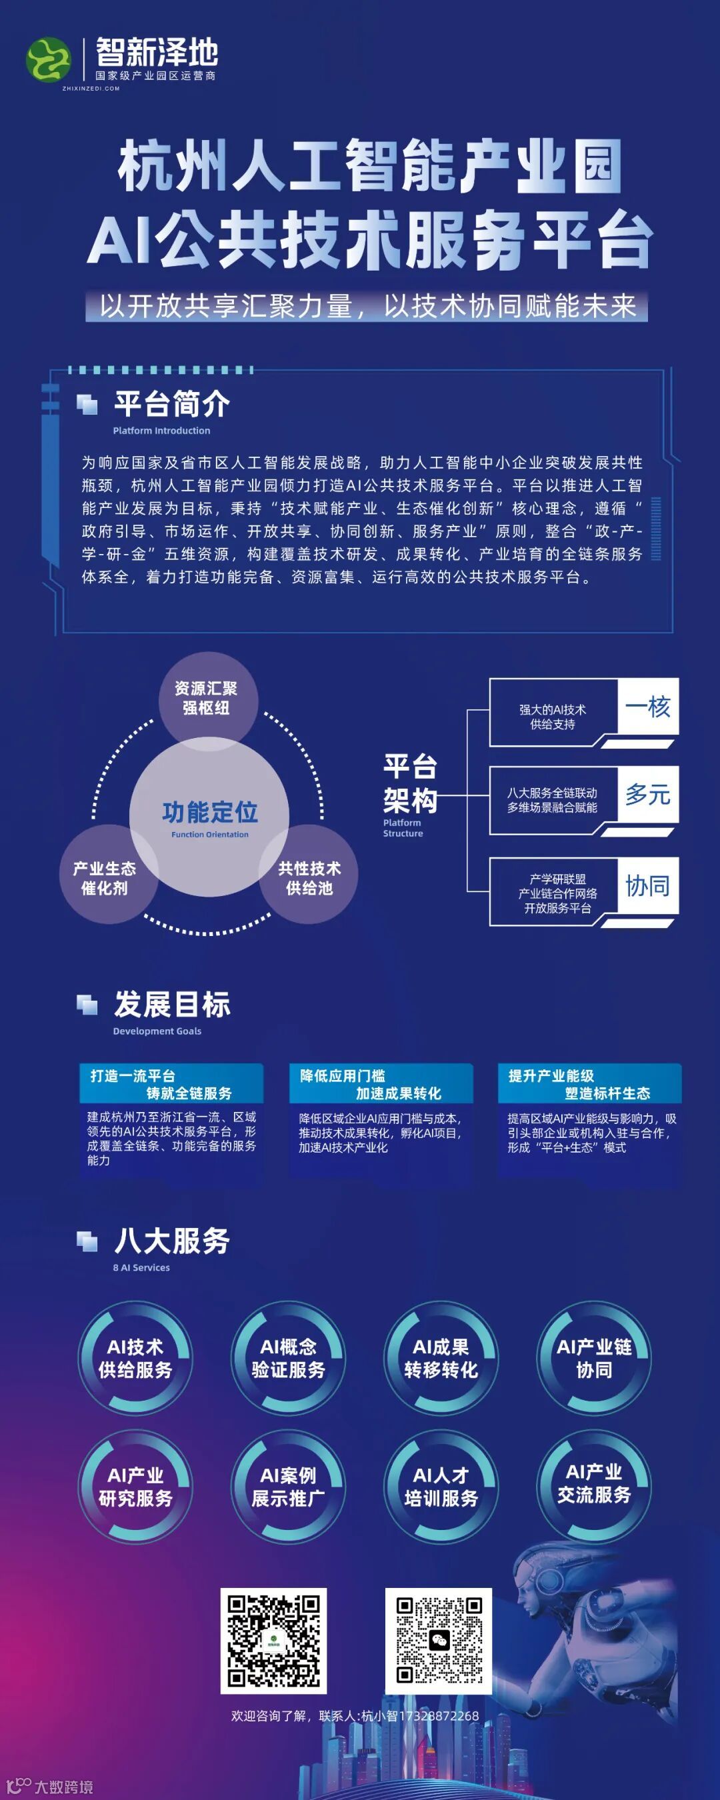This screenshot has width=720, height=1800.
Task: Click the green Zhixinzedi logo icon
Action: point(48,60)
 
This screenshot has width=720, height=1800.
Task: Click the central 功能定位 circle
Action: point(210,816)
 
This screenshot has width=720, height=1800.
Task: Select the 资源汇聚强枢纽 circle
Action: point(206,698)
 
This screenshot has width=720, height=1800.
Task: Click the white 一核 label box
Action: point(647,707)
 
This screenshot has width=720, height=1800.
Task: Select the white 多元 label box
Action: point(647,795)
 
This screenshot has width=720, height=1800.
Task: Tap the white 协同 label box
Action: point(647,886)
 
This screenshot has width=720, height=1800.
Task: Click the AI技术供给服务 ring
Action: point(135,1358)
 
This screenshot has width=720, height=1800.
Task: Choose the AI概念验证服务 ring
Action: point(288,1358)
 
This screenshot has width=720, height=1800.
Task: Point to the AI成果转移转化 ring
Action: point(441,1358)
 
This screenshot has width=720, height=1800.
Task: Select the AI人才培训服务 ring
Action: point(441,1486)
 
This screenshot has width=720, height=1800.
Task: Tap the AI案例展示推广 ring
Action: point(288,1486)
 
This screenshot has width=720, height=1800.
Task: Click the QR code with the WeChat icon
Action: point(439,1640)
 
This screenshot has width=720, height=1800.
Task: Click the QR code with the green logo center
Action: point(274,1640)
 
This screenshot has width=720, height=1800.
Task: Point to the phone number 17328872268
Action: point(438,1715)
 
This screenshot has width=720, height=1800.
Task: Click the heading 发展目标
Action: point(172,1004)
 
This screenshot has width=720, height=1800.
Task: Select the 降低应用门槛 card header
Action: point(381,1084)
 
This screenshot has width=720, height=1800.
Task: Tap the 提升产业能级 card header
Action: point(589,1084)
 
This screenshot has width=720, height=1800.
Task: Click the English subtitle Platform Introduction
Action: point(161,431)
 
